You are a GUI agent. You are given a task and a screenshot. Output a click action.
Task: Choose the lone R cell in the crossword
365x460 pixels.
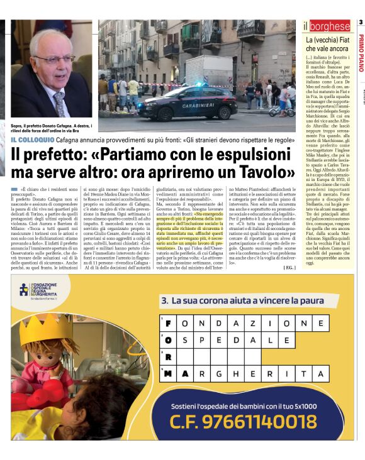[169, 356]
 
